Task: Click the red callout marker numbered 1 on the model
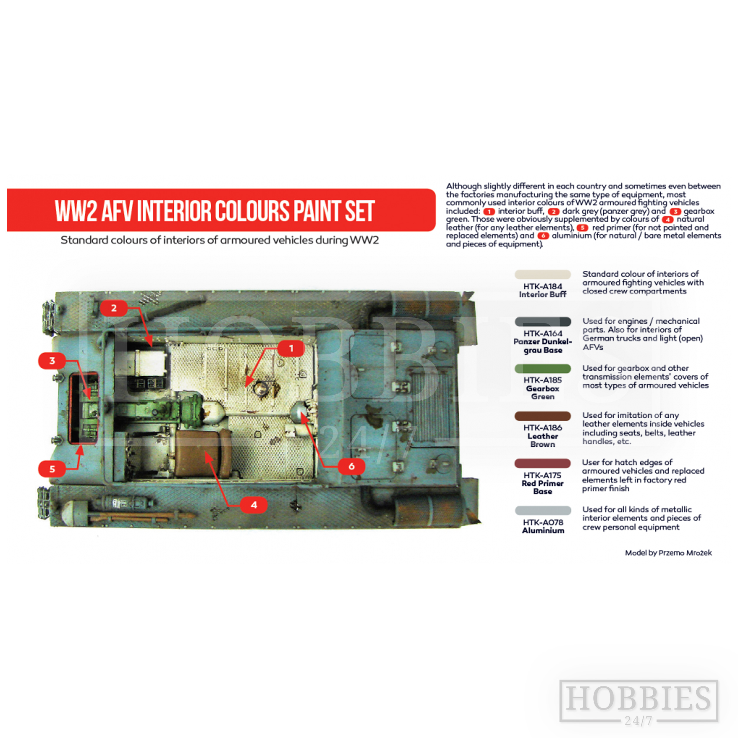tap(291, 348)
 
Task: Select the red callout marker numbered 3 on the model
tap(52, 361)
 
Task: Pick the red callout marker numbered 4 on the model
tap(254, 504)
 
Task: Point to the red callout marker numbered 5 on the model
tap(52, 469)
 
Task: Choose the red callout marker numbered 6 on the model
tap(351, 466)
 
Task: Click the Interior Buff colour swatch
tap(542, 274)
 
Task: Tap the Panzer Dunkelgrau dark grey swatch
tap(542, 322)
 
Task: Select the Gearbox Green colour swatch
tap(542, 369)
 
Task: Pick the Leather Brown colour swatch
tap(542, 416)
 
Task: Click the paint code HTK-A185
tap(542, 380)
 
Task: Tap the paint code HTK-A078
tap(542, 522)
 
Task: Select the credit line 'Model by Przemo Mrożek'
tap(668, 553)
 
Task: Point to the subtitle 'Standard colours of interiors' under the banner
tap(220, 240)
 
